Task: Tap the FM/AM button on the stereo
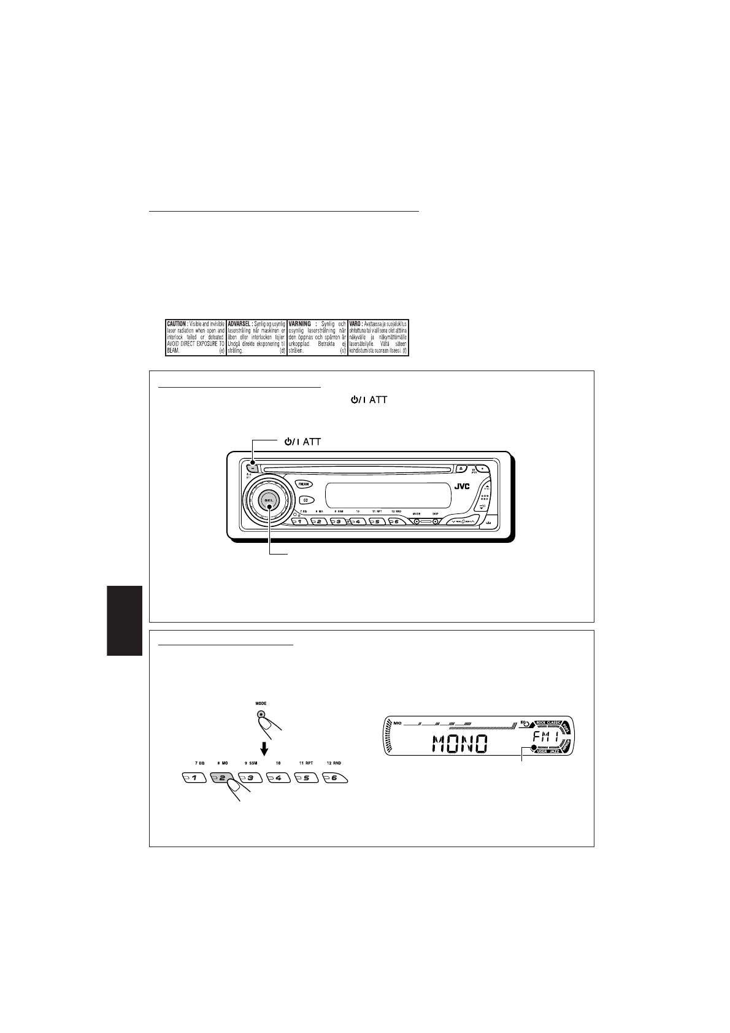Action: pos(304,483)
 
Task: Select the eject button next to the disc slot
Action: pos(463,469)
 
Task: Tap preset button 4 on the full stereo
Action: pos(356,522)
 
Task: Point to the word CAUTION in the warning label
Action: pos(177,323)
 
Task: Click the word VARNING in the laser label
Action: pos(301,323)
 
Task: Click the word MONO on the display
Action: pos(460,745)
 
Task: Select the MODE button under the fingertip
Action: pos(262,714)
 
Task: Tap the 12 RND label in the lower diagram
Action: pos(334,763)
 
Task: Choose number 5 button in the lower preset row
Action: pos(307,778)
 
